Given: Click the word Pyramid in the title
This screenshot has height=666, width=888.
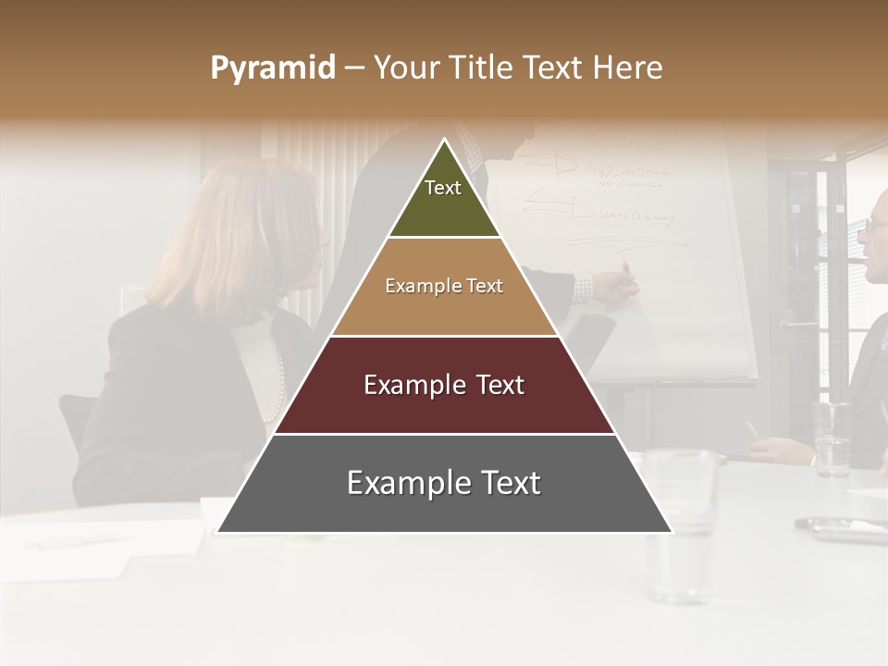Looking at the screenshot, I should (272, 68).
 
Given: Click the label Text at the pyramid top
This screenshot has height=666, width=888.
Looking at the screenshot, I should (443, 188).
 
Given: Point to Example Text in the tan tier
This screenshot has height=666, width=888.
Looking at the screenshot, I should (444, 286).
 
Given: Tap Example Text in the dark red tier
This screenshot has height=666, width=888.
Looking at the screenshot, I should (444, 385).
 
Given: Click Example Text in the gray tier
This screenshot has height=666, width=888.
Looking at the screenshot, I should (444, 483).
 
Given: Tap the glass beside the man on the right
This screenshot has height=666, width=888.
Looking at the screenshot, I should (832, 438).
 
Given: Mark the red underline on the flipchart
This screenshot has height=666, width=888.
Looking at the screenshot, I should (629, 243).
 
